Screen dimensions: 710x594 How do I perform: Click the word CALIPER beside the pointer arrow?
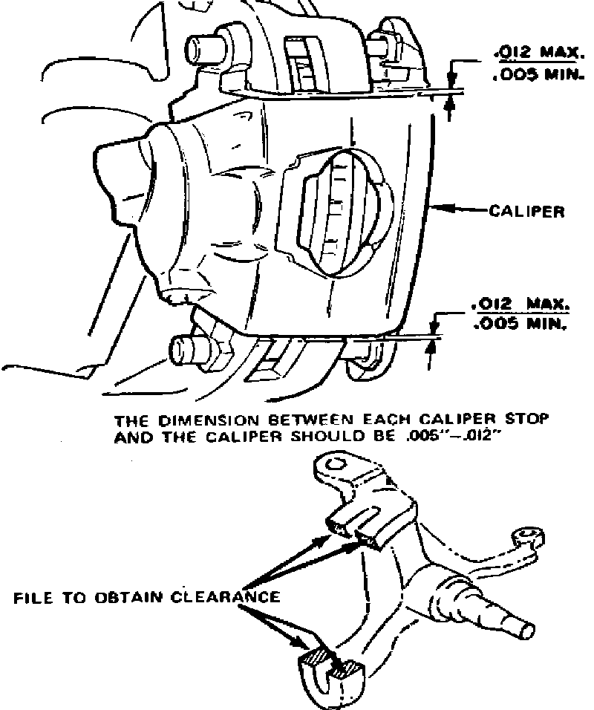pyautogui.click(x=526, y=212)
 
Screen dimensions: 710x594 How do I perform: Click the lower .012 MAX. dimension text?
pyautogui.click(x=520, y=304)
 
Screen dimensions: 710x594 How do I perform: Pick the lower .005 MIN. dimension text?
pyautogui.click(x=520, y=325)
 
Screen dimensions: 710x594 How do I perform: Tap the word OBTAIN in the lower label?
pyautogui.click(x=125, y=596)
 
